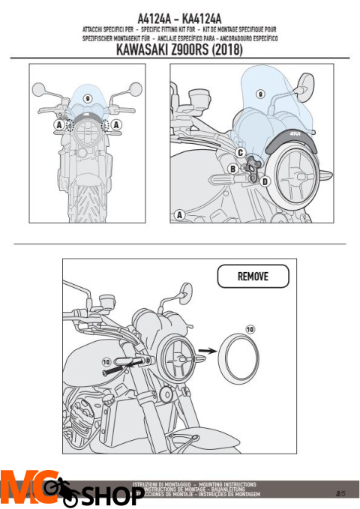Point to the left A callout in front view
pyautogui.click(x=58, y=124)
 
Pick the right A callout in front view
pyautogui.click(x=117, y=124)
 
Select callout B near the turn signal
pyautogui.click(x=232, y=169)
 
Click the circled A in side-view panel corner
pyautogui.click(x=179, y=215)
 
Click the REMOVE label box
pyautogui.click(x=253, y=277)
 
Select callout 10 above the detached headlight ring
pyautogui.click(x=250, y=328)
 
